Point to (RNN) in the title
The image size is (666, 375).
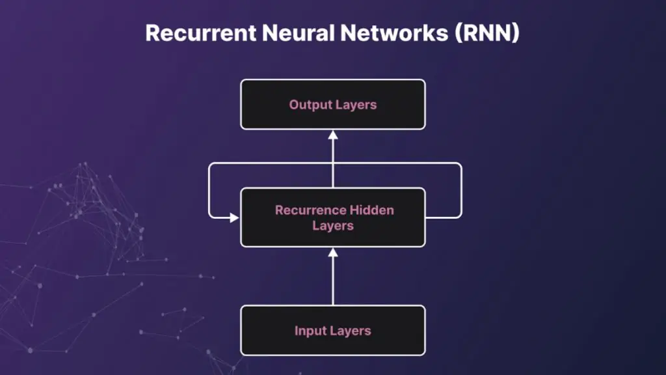tap(483, 33)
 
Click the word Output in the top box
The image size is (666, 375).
tap(310, 105)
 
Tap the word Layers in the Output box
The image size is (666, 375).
tap(356, 105)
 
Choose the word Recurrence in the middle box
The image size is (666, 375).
tap(310, 210)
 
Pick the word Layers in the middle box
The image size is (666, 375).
tap(333, 226)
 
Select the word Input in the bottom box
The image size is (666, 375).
tap(311, 331)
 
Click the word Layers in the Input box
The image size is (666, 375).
tap(351, 331)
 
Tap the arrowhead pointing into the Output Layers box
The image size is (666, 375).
tap(333, 135)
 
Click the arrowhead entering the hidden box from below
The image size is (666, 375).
tap(333, 252)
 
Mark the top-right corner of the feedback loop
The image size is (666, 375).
tap(460, 164)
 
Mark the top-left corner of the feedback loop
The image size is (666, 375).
tap(209, 164)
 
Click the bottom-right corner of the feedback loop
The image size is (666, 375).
tap(460, 216)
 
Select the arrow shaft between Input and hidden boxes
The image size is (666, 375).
tap(333, 280)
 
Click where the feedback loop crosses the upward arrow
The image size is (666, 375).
tap(333, 163)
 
